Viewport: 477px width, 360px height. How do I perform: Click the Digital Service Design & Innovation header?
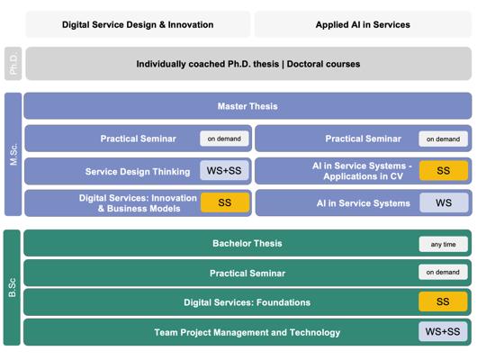click(x=138, y=24)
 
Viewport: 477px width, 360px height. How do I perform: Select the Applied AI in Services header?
click(x=363, y=24)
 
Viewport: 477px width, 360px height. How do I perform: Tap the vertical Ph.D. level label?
click(x=13, y=64)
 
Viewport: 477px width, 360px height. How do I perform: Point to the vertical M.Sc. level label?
click(x=13, y=154)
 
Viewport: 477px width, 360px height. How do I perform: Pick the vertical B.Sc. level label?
click(x=12, y=288)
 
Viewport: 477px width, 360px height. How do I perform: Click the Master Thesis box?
click(x=247, y=106)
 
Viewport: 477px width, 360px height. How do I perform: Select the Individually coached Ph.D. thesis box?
click(x=248, y=64)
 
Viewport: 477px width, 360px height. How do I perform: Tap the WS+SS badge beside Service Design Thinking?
click(x=224, y=170)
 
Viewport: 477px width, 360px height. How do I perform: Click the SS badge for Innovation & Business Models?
click(x=225, y=202)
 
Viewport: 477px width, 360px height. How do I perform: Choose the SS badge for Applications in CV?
click(x=443, y=170)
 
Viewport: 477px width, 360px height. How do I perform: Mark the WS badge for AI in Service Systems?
click(x=444, y=202)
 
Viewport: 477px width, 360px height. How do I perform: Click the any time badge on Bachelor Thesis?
click(x=443, y=244)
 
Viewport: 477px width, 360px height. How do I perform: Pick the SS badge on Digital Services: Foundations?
click(x=443, y=301)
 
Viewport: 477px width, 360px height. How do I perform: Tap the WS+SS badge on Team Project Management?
click(x=443, y=331)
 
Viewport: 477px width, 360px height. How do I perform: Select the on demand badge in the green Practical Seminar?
click(x=443, y=272)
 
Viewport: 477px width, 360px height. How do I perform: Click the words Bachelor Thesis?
click(x=247, y=243)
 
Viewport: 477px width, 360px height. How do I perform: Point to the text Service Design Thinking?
click(x=138, y=172)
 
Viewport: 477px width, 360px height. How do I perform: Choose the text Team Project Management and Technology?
click(x=247, y=333)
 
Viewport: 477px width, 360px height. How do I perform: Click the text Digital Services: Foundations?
click(x=247, y=302)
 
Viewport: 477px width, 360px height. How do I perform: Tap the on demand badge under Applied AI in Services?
click(x=443, y=139)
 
